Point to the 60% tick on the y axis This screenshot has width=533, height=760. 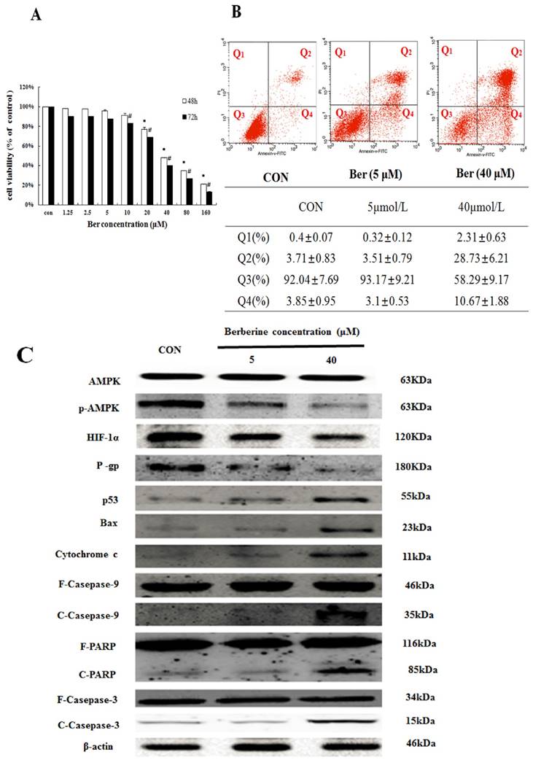click(x=27, y=146)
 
